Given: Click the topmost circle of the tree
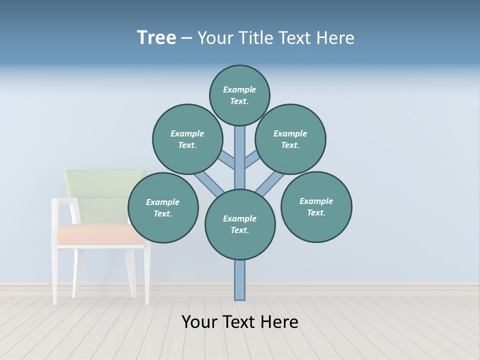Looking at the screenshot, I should click(239, 95).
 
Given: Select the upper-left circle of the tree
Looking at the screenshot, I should click(187, 139).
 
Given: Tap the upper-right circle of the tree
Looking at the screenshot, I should click(290, 139).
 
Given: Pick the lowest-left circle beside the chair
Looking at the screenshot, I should click(163, 207).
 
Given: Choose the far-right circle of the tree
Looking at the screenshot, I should click(316, 206).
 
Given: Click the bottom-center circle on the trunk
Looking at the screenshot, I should click(240, 224).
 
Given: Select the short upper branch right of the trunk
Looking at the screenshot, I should click(252, 159).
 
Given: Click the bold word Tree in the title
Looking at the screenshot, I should click(156, 37).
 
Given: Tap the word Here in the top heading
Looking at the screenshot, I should click(335, 37).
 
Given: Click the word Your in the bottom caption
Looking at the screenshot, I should click(199, 322).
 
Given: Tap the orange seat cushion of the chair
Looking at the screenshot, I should click(100, 234).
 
